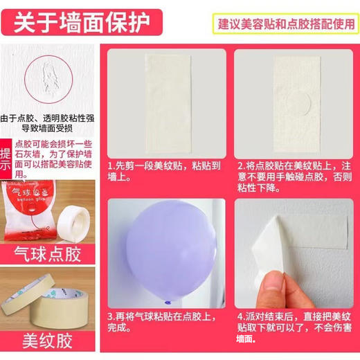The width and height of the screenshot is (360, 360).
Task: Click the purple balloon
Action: [x=165, y=239]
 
